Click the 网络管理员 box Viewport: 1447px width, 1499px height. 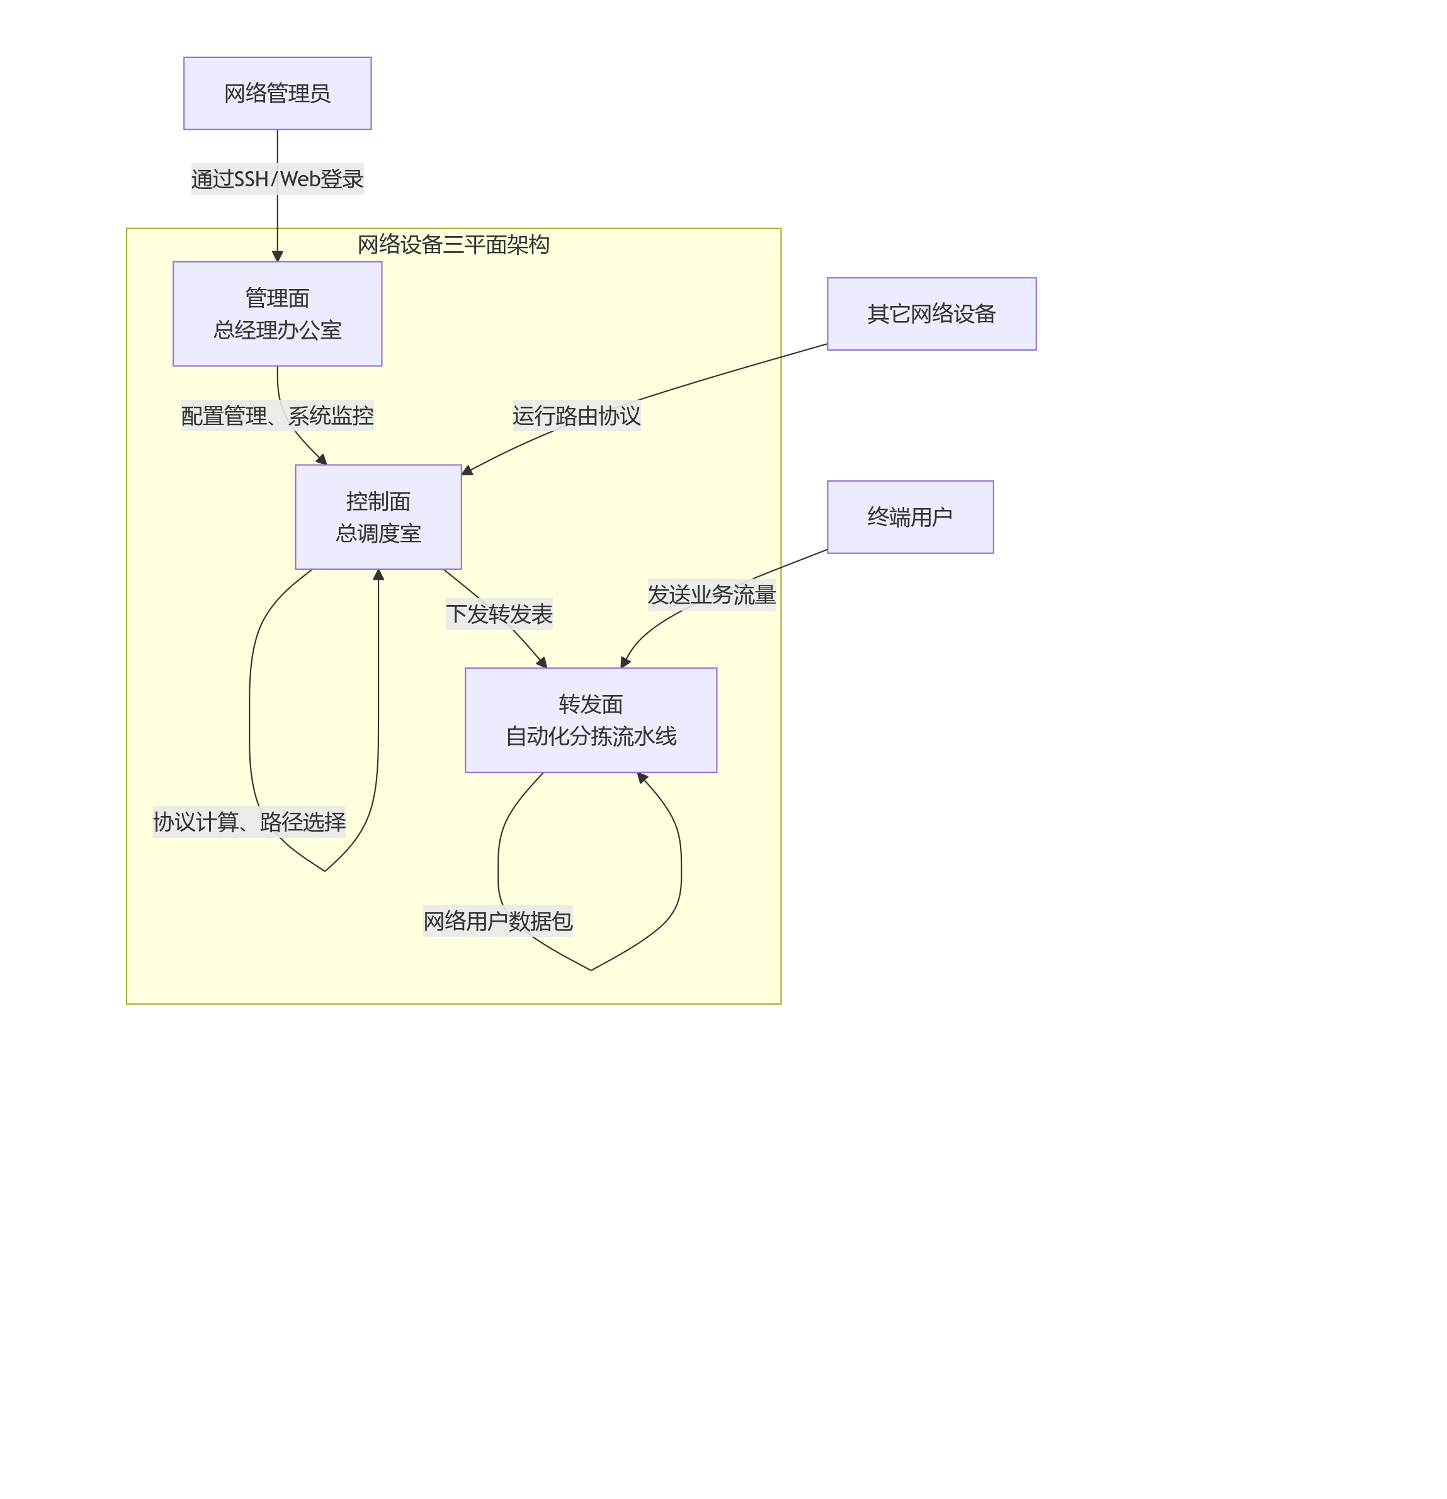(277, 93)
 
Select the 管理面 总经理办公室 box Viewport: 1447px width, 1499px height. (277, 314)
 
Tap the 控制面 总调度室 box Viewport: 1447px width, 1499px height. (378, 517)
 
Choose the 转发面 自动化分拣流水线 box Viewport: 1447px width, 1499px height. (591, 720)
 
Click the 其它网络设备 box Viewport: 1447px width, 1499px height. (931, 314)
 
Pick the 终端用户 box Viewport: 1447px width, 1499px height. (909, 517)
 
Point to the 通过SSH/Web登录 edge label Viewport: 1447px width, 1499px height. (277, 179)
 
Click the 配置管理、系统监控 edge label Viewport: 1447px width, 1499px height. (277, 416)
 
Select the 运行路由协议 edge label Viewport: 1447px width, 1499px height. (576, 416)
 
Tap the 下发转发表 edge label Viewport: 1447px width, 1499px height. (499, 613)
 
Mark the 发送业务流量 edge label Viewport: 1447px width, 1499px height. (712, 594)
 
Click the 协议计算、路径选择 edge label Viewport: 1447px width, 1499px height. (249, 822)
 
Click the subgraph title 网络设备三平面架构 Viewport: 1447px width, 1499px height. (453, 244)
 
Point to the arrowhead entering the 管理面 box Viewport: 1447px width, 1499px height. (277, 256)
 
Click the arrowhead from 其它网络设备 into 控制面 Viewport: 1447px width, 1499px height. (467, 470)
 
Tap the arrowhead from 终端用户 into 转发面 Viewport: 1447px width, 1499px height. (625, 662)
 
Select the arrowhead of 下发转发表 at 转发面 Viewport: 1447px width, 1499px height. (542, 662)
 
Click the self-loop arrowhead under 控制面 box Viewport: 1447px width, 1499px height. (378, 574)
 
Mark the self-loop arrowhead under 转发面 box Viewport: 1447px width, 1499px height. (642, 778)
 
